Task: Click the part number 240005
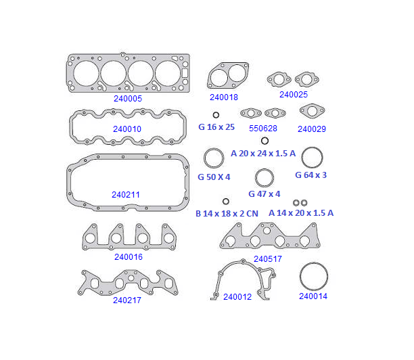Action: [128, 99]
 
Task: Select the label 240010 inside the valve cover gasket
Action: [127, 129]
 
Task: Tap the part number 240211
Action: [126, 195]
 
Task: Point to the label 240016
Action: [129, 256]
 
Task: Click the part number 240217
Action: [127, 300]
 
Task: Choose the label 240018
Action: [224, 97]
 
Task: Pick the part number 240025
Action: [294, 95]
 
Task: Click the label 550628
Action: [263, 129]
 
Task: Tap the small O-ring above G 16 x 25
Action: [216, 115]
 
